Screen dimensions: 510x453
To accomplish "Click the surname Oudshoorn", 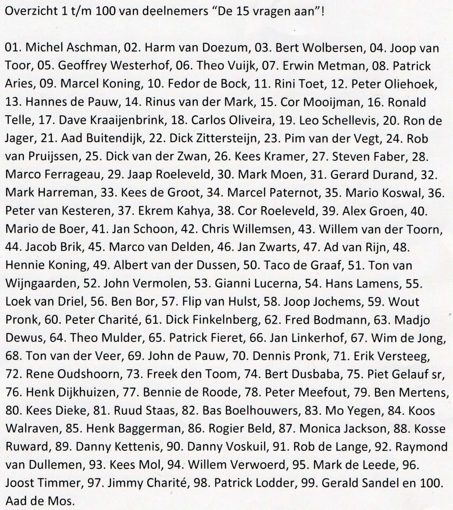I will click(81, 374).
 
